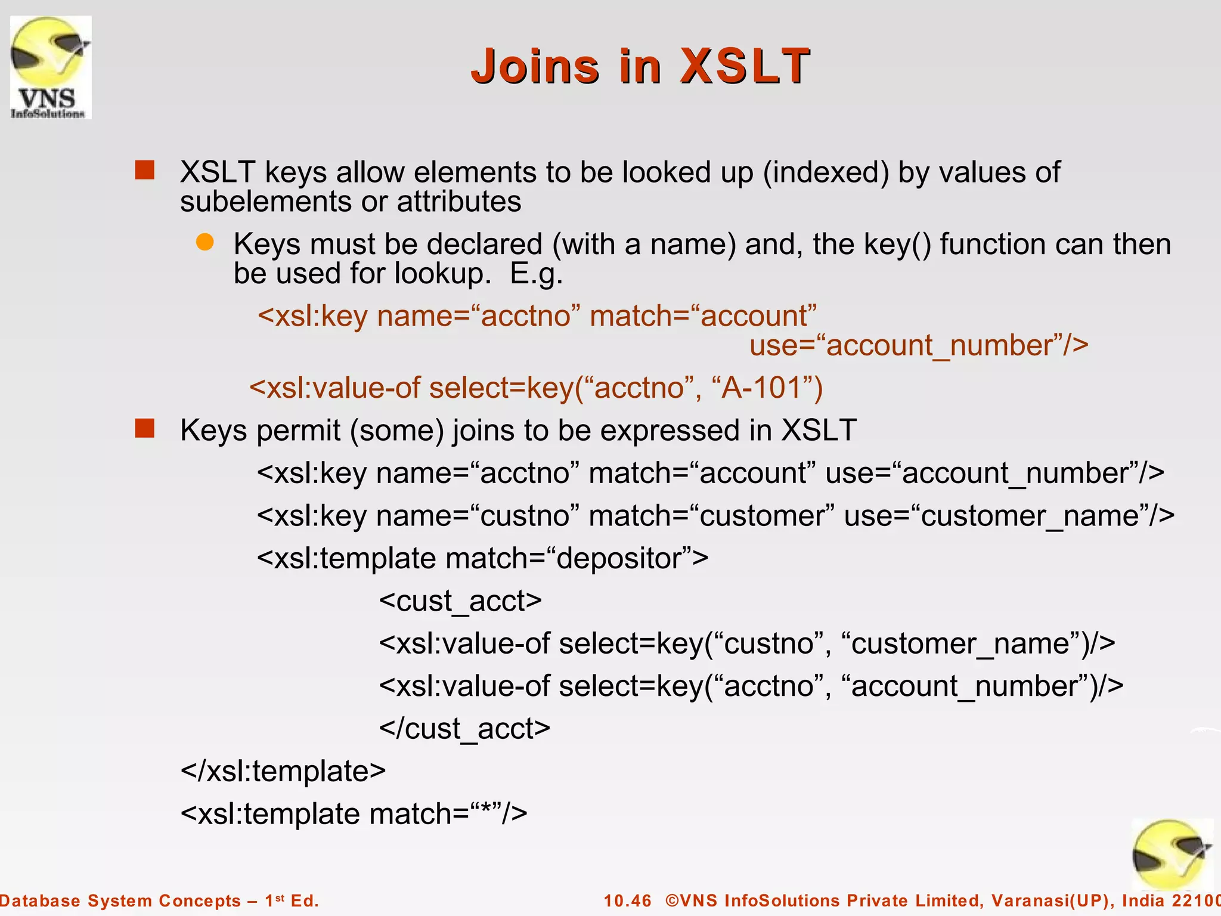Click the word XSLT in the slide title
click(x=745, y=66)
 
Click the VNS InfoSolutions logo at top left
click(x=51, y=67)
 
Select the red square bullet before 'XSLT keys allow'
click(x=145, y=171)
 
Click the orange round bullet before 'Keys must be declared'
click(x=204, y=242)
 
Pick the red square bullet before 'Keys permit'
click(x=145, y=428)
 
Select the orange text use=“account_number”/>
click(x=918, y=345)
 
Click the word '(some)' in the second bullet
click(x=397, y=431)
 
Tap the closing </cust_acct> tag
click(x=464, y=729)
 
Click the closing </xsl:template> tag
click(x=283, y=771)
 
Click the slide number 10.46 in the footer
click(x=627, y=900)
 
